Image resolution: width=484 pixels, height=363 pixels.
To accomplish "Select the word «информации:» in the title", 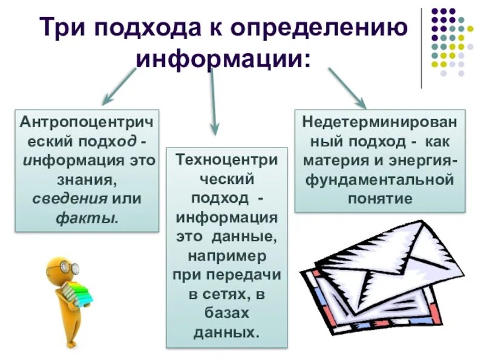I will pyautogui.click(x=222, y=59).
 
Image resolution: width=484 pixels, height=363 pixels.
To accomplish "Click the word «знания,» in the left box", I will pyautogui.click(x=87, y=180).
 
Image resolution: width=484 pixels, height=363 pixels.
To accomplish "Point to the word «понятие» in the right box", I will pyautogui.click(x=380, y=198).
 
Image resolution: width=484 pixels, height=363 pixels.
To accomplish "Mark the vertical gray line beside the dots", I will pyautogui.click(x=421, y=48).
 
